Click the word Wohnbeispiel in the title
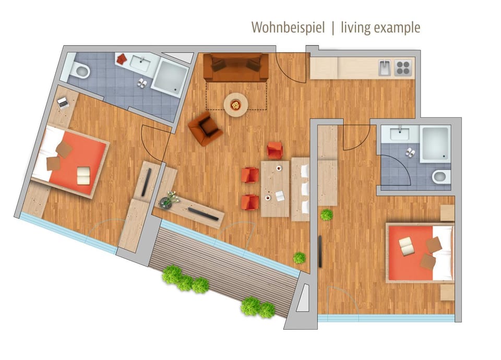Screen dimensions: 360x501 288,28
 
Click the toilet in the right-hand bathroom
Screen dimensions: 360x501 441,177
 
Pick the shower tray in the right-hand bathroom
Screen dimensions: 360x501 435,143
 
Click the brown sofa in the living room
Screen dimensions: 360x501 236,67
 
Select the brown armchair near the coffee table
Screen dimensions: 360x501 205,128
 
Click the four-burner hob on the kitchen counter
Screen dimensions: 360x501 403,68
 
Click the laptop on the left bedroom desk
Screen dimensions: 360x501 63,103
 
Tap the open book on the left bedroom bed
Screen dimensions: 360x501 83,175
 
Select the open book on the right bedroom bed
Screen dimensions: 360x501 406,246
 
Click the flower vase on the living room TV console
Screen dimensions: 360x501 169,200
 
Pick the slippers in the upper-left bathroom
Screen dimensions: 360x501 142,82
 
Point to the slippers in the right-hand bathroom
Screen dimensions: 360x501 410,152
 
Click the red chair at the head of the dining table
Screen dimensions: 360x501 275,150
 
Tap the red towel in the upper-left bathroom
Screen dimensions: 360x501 122,59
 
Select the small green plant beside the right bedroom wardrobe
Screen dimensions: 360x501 327,214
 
